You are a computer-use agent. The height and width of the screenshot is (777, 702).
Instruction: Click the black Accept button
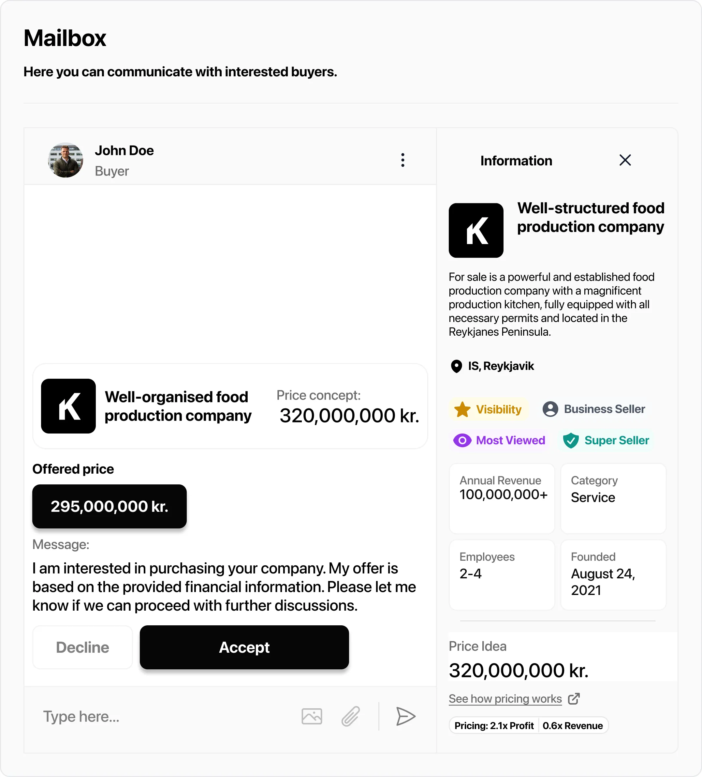[x=244, y=647]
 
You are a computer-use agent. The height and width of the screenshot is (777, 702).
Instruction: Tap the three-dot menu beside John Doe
[x=403, y=160]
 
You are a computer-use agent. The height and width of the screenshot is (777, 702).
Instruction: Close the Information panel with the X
[x=625, y=160]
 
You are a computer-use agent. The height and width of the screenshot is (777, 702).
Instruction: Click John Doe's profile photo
[x=66, y=160]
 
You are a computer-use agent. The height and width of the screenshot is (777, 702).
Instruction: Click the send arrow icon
[x=405, y=716]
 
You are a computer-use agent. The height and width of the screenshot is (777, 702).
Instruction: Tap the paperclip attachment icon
[x=350, y=716]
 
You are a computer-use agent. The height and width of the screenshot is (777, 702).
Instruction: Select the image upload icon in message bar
[x=312, y=716]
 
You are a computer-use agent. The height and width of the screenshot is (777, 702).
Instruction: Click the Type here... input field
[x=154, y=716]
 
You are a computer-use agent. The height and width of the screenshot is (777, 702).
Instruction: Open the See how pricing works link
[x=505, y=699]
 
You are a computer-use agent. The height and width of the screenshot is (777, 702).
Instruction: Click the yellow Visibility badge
[x=488, y=409]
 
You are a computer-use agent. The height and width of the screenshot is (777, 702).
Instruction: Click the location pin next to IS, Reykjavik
[x=456, y=366]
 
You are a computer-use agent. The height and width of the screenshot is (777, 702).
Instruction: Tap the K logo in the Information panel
[x=476, y=231]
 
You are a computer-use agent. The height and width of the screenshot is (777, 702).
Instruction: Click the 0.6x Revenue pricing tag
[x=573, y=726]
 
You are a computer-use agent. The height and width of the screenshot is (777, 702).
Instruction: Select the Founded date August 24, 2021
[x=603, y=582]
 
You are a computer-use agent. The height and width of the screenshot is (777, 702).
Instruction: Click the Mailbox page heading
[x=65, y=38]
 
